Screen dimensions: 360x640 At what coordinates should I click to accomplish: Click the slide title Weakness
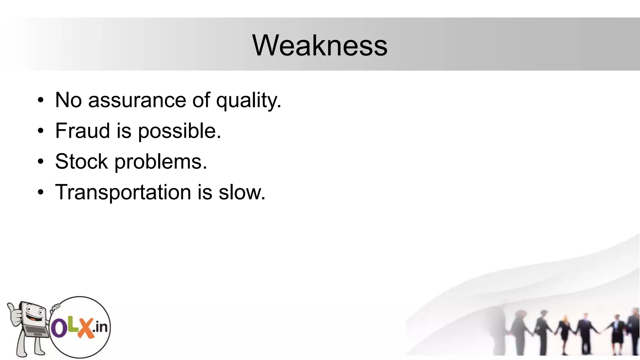pos(320,46)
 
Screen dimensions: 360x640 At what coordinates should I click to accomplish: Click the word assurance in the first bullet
pos(137,100)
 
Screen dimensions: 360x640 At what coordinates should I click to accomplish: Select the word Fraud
pos(82,131)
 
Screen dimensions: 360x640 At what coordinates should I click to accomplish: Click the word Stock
pos(81,162)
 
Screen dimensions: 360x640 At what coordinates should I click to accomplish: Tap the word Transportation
pos(123,192)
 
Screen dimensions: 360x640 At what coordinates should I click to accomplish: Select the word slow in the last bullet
pos(242,192)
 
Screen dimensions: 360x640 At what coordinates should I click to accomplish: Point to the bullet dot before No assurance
pos(41,101)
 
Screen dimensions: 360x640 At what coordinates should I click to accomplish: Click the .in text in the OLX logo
pos(100,327)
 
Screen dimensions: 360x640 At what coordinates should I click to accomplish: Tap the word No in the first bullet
pos(68,100)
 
